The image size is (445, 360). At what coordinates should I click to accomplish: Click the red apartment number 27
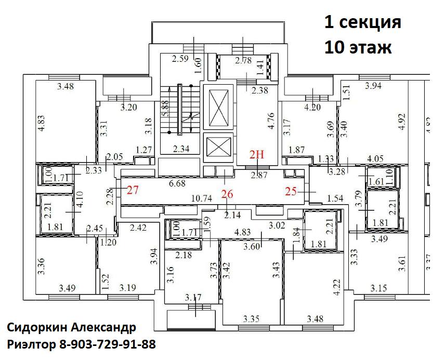[133, 190]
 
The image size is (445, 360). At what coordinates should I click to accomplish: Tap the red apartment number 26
[227, 194]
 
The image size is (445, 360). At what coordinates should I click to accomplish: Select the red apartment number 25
[291, 191]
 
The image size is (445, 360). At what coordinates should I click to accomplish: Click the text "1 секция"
[362, 23]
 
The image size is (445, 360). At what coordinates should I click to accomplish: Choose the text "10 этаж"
[358, 47]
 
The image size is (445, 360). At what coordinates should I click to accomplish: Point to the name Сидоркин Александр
[71, 328]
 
